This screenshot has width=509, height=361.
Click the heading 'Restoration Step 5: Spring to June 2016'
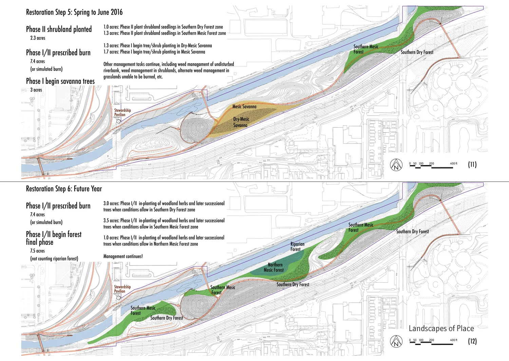point(74,12)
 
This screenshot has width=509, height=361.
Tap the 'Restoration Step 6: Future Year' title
point(64,189)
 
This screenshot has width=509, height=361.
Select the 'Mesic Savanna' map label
point(244,106)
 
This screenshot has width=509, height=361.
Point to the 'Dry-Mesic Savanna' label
point(241,122)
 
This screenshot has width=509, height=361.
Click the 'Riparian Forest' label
point(297,246)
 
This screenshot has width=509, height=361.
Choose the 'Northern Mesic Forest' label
point(274,267)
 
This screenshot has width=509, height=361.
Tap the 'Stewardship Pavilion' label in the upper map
point(122,112)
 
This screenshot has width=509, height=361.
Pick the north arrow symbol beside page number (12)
point(396,341)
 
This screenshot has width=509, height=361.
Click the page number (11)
point(472,165)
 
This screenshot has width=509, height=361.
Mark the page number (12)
point(472,341)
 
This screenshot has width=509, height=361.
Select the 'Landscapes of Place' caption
point(441,328)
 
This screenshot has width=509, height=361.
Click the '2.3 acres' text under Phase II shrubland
point(38,38)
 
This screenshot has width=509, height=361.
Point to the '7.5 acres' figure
point(37,251)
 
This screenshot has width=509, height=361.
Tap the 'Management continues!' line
point(123,256)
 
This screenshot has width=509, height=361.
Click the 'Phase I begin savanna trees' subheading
point(60,81)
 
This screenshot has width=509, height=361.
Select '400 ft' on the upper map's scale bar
point(453,164)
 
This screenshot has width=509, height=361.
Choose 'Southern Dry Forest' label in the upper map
point(417,52)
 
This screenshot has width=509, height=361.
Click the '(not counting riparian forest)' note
point(54,259)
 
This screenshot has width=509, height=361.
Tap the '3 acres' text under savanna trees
point(36,90)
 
